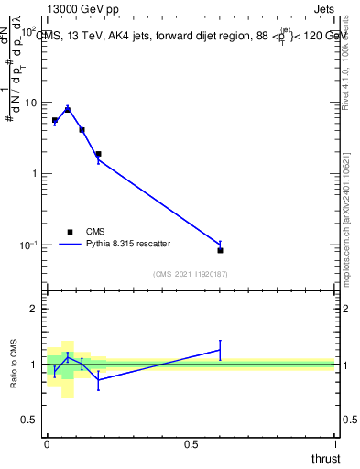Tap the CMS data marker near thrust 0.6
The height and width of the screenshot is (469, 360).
tap(220, 250)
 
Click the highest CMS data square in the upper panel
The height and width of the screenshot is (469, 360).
tap(68, 110)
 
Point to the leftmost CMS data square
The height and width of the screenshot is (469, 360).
tap(55, 120)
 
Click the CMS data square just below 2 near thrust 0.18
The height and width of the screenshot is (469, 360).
tap(98, 154)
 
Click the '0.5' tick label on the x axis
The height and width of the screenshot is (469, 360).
tap(191, 444)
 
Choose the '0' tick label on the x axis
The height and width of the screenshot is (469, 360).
tap(47, 444)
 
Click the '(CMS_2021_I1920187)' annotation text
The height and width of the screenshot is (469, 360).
tap(191, 274)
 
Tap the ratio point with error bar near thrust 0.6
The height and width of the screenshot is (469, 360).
tap(220, 349)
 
